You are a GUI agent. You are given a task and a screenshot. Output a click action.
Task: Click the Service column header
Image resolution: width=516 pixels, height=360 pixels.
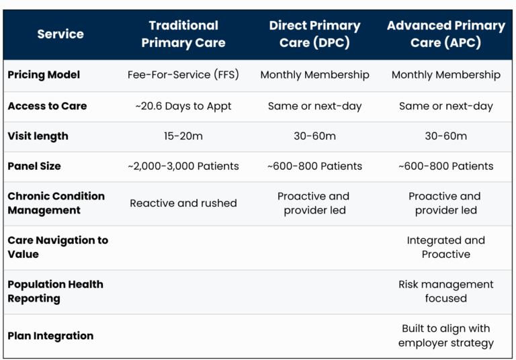tap(60, 34)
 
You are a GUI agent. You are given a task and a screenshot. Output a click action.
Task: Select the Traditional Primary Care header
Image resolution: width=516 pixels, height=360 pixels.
tap(183, 34)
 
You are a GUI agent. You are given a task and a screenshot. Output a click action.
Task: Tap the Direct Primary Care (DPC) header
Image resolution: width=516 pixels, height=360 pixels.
tap(314, 34)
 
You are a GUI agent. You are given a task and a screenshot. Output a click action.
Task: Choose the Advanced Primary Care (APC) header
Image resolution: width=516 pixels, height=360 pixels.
tap(446, 34)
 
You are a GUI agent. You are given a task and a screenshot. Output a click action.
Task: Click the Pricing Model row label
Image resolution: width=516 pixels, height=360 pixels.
tap(44, 75)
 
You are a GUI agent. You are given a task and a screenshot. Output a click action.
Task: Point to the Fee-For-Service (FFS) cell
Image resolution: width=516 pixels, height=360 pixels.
tap(183, 75)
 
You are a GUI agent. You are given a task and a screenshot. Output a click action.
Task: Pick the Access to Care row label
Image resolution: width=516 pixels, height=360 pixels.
tap(48, 106)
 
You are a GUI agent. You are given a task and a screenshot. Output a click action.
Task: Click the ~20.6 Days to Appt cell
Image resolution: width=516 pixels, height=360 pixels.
tap(183, 106)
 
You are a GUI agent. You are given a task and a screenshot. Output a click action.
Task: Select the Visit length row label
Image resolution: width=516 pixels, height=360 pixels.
tap(38, 136)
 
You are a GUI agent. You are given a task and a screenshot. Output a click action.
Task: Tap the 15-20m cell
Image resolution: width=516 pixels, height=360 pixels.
tap(183, 136)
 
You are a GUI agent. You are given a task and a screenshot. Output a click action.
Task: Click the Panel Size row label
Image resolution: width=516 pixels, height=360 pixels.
tap(34, 166)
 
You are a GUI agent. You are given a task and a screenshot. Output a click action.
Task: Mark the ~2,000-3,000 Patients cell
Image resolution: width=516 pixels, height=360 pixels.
tap(183, 166)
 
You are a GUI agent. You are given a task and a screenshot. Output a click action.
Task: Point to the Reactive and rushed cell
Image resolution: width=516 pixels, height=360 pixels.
tap(183, 203)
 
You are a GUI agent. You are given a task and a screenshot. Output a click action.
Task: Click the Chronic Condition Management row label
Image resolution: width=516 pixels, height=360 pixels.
tap(56, 203)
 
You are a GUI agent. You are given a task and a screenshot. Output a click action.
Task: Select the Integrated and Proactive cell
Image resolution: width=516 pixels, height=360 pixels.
tap(446, 247)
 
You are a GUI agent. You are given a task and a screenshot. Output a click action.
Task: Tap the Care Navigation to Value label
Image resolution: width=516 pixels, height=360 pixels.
tap(58, 247)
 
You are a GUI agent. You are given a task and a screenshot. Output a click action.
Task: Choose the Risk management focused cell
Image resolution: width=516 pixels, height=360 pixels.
tap(446, 291)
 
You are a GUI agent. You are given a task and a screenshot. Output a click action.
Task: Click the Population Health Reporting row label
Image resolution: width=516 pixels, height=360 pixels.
tap(55, 291)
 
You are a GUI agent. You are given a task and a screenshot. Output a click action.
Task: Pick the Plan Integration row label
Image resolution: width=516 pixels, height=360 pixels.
tap(50, 336)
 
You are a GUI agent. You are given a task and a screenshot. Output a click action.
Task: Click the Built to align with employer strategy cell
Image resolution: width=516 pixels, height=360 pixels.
tap(446, 336)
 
